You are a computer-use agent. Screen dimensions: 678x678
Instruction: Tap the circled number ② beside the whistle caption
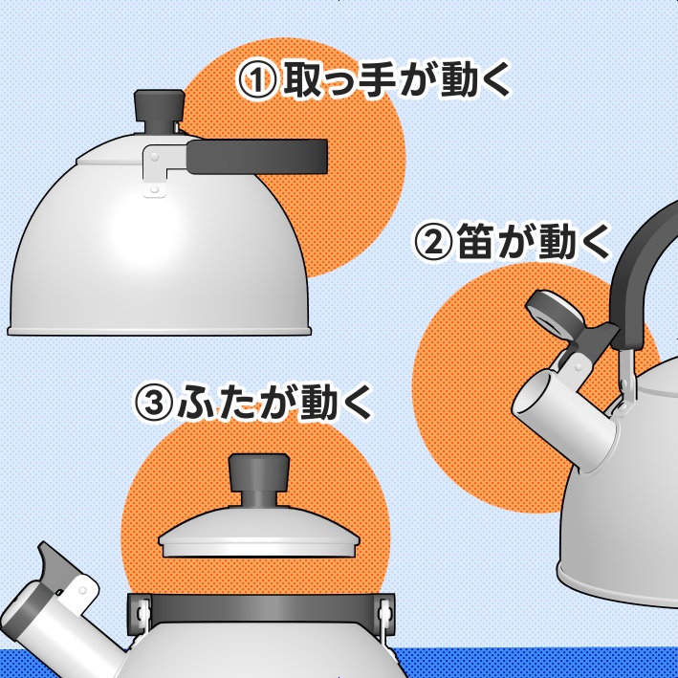coord(431,242)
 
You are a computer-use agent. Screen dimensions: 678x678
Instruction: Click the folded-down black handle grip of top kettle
coord(256,156)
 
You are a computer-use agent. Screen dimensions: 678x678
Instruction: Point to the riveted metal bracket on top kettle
coord(154,170)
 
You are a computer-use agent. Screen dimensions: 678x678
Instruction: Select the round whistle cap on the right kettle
coord(551,315)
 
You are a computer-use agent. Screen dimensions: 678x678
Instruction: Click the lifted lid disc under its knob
coord(259,535)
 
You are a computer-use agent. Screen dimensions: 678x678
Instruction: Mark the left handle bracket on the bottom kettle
coord(140,612)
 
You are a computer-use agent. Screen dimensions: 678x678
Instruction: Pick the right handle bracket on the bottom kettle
coord(386,612)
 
